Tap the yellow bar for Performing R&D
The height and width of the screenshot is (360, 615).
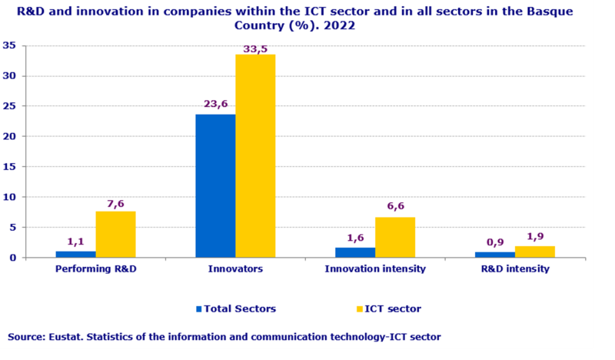pos(115,234)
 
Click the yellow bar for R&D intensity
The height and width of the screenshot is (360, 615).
pos(535,252)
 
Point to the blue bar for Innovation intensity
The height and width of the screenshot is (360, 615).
pos(355,252)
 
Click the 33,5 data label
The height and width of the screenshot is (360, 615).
pos(255,48)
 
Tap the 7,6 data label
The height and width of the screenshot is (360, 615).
pos(115,204)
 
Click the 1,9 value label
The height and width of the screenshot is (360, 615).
pos(535,238)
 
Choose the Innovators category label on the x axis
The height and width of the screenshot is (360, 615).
pos(235,269)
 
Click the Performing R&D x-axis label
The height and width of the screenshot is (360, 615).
pos(96,269)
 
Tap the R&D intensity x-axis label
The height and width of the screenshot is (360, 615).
pos(515,269)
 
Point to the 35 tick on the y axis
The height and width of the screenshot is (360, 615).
pos(10,45)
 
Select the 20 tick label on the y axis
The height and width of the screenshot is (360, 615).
pos(10,136)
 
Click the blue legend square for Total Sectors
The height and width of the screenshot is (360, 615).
pos(198,308)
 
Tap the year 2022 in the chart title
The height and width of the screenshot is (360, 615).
pos(338,25)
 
